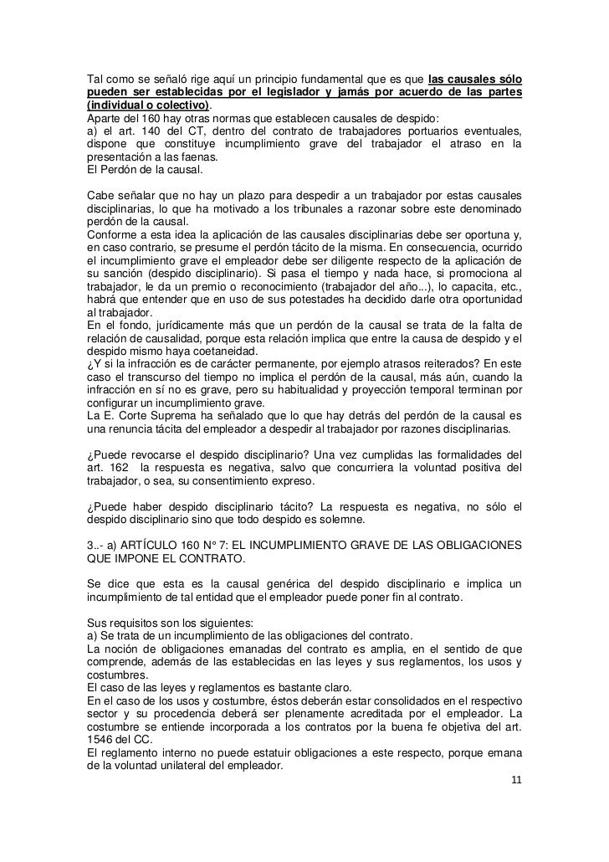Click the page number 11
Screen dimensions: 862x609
click(x=516, y=781)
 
